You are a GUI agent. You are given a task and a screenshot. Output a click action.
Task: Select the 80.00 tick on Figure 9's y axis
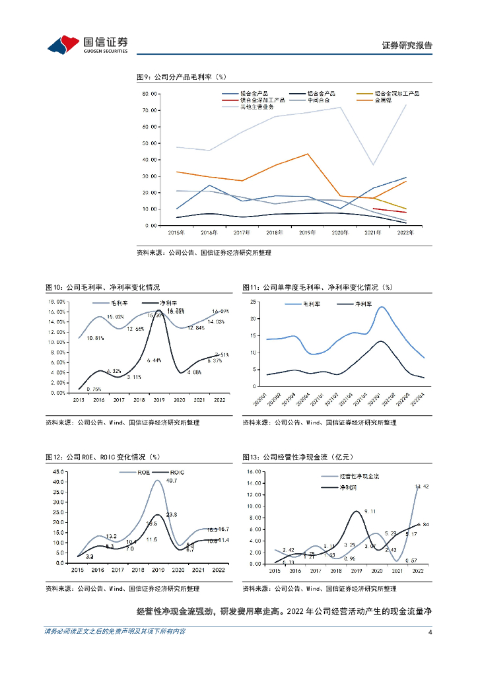[x=149, y=94]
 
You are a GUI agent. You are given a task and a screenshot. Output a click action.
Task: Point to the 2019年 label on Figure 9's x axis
[x=308, y=233]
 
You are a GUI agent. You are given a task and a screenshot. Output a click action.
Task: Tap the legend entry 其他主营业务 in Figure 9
[x=256, y=106]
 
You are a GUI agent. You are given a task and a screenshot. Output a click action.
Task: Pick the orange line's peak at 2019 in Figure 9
[x=308, y=154]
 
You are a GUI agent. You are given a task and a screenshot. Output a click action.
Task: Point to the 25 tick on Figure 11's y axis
[x=252, y=302]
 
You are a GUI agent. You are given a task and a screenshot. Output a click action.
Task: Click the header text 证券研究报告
[x=407, y=46]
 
